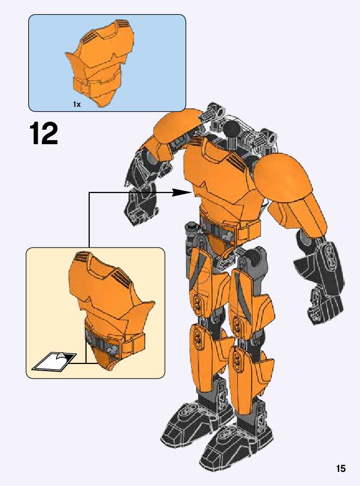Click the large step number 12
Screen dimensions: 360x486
tap(44, 133)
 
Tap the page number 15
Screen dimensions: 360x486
tap(341, 468)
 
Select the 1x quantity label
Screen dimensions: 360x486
tap(77, 104)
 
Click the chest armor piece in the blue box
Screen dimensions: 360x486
tap(101, 63)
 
